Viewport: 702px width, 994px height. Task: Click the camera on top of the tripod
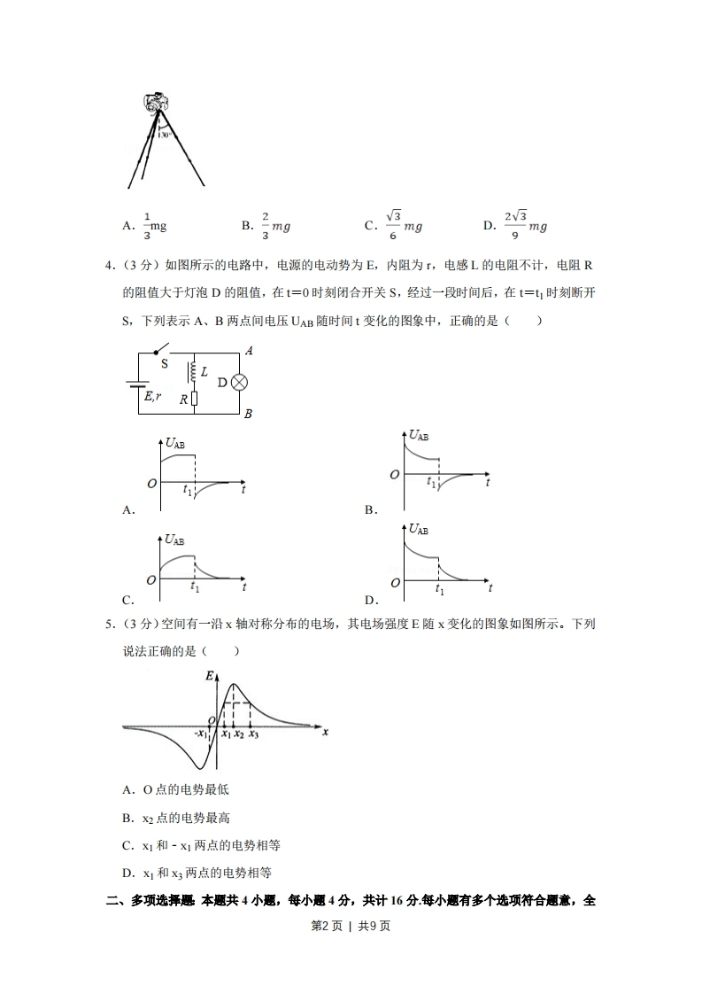[x=158, y=102]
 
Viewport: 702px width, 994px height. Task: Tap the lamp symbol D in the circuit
[x=239, y=382]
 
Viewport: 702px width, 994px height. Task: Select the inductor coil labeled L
[x=192, y=373]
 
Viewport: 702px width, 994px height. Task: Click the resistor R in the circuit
[x=193, y=400]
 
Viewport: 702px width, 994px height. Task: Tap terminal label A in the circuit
[x=249, y=352]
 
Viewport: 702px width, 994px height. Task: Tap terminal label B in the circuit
[x=249, y=414]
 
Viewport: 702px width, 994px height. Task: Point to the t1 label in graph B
[x=431, y=482]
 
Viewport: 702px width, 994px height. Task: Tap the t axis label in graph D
[x=490, y=587]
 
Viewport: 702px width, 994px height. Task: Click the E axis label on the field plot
[x=209, y=676]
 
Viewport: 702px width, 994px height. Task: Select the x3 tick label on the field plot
[x=253, y=734]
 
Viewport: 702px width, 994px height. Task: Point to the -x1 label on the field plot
[x=202, y=734]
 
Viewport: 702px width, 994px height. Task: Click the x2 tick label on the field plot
[x=239, y=734]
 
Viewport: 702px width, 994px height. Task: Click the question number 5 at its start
[x=109, y=625]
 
